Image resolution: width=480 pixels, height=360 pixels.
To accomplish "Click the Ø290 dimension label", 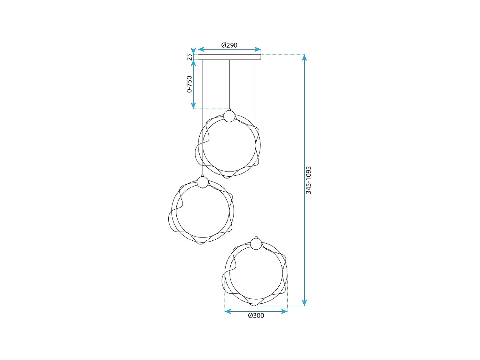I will (229, 45).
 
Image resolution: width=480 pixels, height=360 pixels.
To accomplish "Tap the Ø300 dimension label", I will (256, 316).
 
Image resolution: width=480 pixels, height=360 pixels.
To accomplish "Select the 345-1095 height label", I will (308, 180).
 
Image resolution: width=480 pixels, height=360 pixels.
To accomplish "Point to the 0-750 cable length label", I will (189, 84).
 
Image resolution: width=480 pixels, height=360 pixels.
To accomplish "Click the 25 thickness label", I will (189, 57).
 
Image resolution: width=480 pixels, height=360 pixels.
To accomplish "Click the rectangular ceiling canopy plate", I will (229, 57).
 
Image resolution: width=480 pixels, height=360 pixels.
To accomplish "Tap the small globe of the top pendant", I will (229, 116).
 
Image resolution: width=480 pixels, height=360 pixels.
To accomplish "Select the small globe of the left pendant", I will (203, 182).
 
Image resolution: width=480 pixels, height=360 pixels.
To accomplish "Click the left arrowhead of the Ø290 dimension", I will (201, 49).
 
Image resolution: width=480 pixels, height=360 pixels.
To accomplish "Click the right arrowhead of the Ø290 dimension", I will (258, 49).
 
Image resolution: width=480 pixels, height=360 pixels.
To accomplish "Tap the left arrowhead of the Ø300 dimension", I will (228, 311).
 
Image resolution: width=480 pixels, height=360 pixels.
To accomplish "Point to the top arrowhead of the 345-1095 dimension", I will (304, 58).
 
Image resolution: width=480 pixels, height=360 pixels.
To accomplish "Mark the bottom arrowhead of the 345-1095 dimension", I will (304, 303).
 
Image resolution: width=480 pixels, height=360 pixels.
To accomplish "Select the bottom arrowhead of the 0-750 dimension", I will (193, 106).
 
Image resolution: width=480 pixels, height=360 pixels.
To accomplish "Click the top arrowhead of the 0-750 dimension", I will (193, 63).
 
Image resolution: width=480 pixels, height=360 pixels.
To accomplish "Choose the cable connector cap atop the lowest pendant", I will (256, 237).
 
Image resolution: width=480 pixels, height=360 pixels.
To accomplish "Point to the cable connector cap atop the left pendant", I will (203, 176).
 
